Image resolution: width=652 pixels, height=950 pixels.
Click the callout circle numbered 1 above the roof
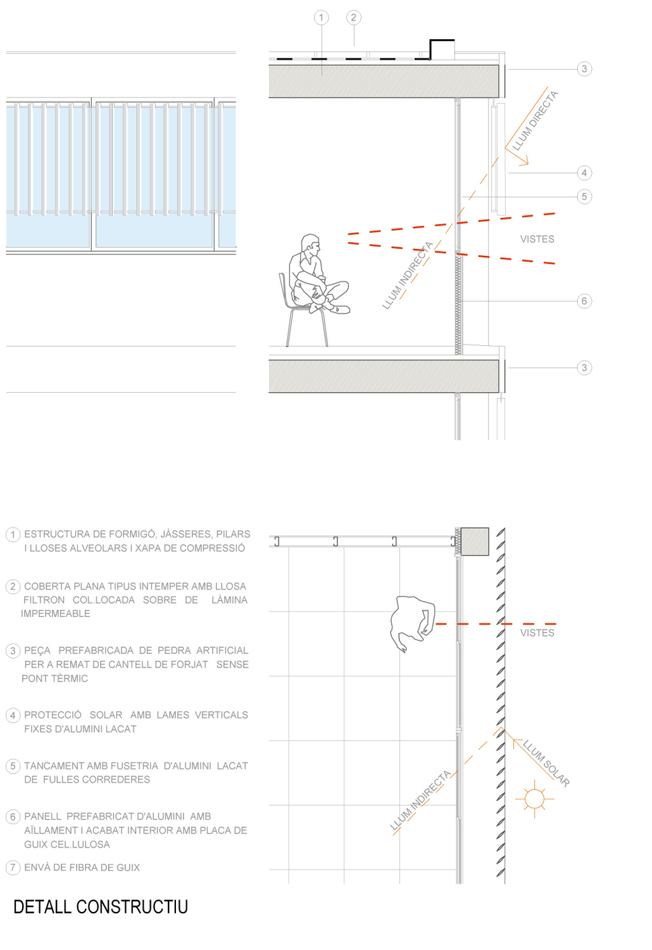coord(321,17)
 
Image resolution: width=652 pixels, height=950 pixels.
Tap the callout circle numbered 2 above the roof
coord(354,17)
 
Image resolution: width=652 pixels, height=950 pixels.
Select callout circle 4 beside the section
coord(584,173)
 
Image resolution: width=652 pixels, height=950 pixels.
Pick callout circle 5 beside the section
coord(584,196)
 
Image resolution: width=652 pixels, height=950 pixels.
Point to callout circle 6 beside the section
coord(584,301)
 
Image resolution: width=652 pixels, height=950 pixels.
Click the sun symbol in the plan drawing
coord(534,799)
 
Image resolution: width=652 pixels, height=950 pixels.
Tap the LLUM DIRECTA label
coord(535,121)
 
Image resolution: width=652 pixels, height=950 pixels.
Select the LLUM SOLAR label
coord(546,763)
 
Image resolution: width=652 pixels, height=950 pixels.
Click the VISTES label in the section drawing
coord(537,239)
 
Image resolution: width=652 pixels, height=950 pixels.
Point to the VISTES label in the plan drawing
coord(537,633)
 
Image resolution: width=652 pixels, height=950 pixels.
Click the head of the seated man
coord(310,244)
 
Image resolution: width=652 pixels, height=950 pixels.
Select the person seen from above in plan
coord(412,623)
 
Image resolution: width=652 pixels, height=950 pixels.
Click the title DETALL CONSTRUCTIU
coord(101,907)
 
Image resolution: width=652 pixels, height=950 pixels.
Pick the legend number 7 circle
coord(13,867)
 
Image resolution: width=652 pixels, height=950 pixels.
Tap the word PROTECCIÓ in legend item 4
coord(53,714)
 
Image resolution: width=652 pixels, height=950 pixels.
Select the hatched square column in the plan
coord(474,541)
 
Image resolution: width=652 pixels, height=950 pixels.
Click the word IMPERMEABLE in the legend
coord(56,614)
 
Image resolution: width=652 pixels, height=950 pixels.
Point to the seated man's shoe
coord(341,309)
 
